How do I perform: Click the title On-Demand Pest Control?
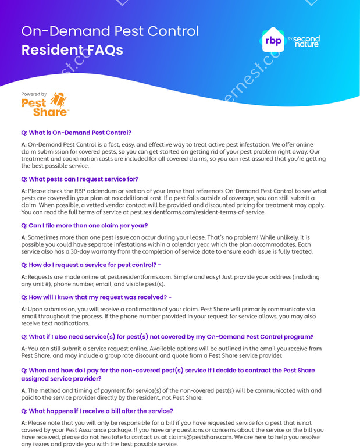coord(110,31)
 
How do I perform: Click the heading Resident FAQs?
coord(72,49)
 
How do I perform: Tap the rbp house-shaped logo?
coord(273,41)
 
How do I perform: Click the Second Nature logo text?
coord(306,41)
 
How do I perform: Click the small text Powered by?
coord(34,94)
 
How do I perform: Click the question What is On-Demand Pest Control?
coord(76,133)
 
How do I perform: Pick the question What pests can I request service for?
coord(80,179)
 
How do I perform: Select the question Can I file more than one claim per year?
coord(84,225)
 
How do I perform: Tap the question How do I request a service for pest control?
coord(91,265)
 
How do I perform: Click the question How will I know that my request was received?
coord(96,297)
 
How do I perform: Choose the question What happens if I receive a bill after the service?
coord(97,411)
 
